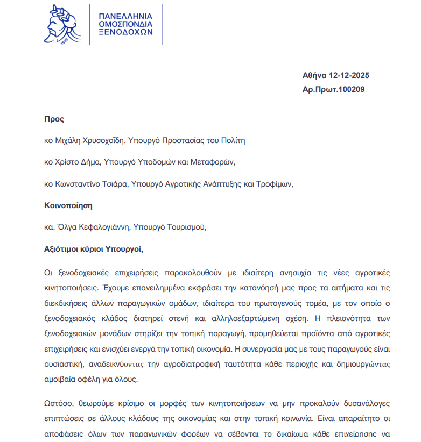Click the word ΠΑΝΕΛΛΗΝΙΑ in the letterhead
pyautogui.click(x=125, y=16)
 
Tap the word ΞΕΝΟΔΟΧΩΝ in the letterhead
pyautogui.click(x=126, y=32)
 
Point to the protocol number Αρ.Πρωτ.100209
pyautogui.click(x=334, y=89)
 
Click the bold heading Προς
pyautogui.click(x=54, y=119)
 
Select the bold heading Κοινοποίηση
pyautogui.click(x=68, y=205)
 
